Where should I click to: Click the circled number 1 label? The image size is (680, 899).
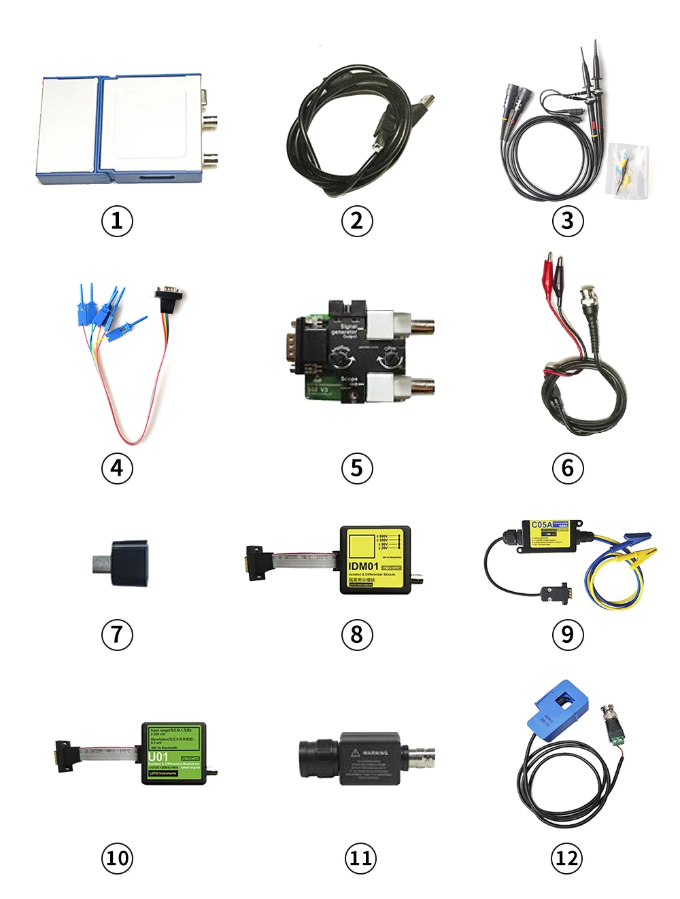click(117, 221)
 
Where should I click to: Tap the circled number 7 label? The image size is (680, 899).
click(117, 635)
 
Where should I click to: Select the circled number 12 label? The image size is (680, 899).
click(567, 858)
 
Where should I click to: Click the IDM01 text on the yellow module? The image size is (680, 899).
click(363, 566)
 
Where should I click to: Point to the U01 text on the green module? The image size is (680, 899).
click(158, 757)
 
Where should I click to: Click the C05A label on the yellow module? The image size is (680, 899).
click(541, 525)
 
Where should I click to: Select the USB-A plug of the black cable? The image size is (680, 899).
click(426, 104)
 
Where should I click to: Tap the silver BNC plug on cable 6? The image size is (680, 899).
click(587, 296)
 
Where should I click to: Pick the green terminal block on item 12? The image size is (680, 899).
click(619, 737)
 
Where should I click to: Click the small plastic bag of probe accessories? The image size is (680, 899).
click(627, 171)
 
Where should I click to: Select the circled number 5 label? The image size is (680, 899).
click(357, 468)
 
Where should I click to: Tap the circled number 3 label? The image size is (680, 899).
click(567, 221)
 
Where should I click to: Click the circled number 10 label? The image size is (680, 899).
click(117, 858)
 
